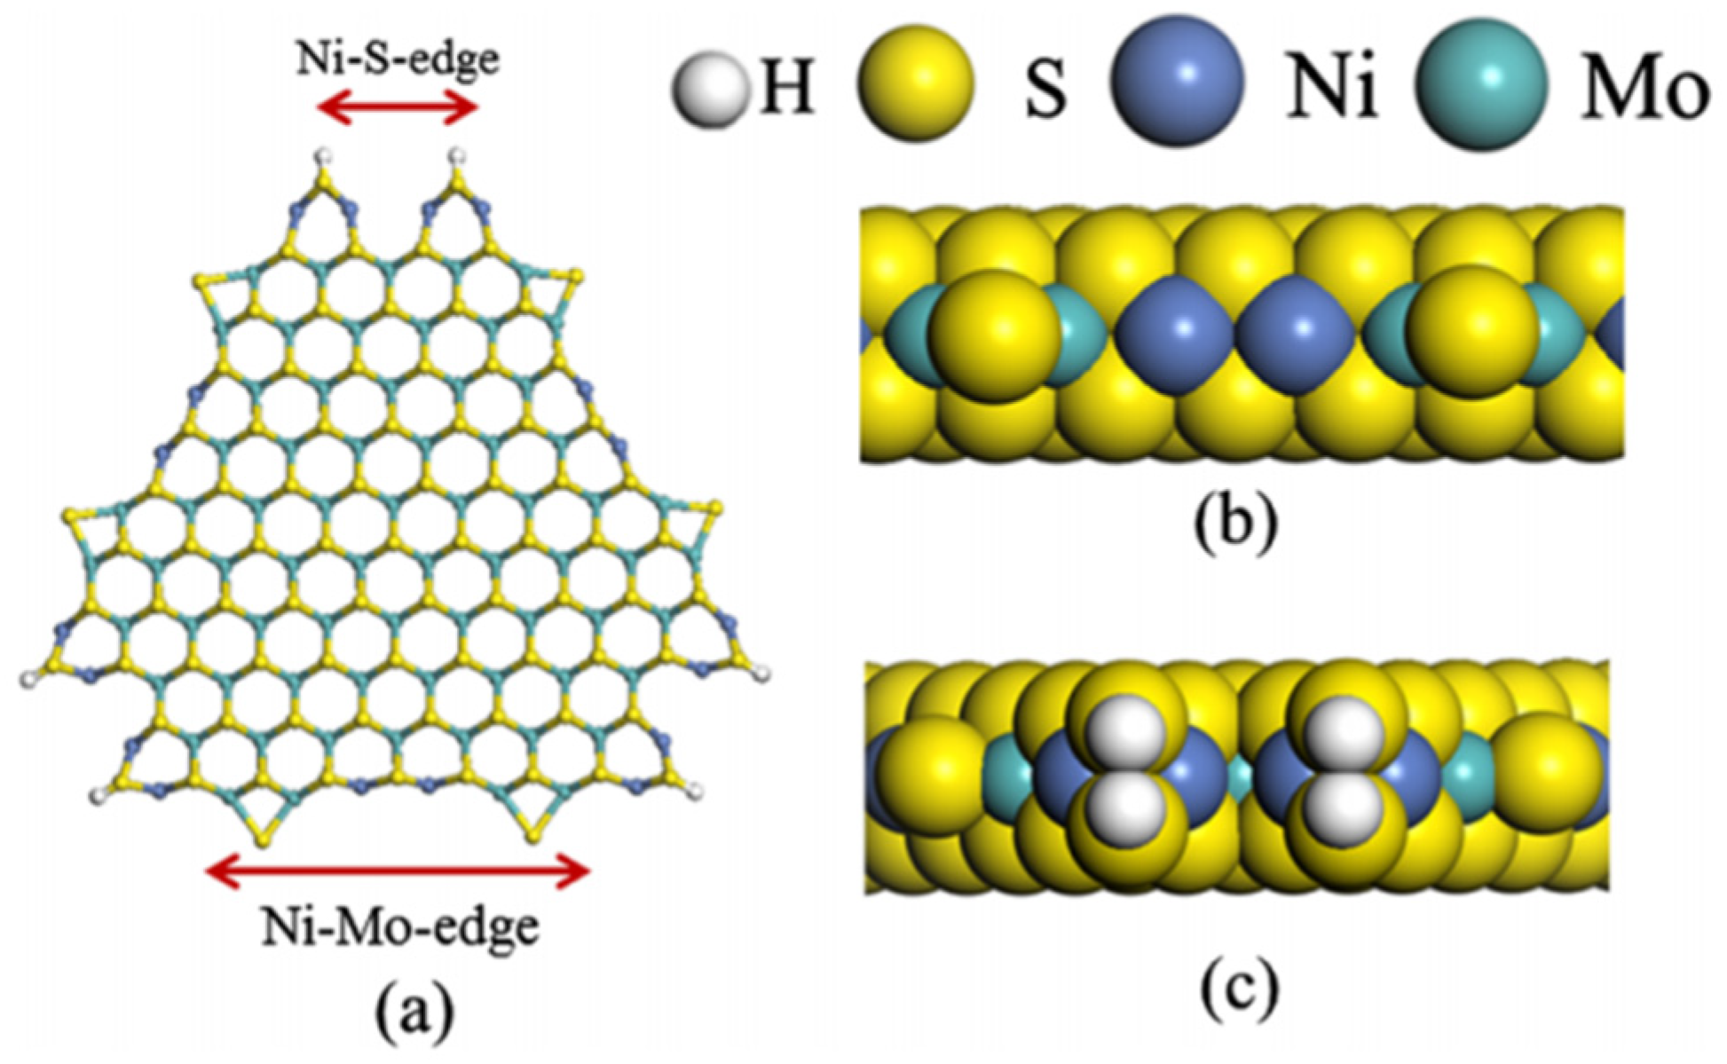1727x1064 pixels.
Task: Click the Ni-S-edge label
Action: pos(397,59)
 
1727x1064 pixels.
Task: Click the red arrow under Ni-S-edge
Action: pos(398,108)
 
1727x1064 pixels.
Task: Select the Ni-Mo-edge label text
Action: pos(400,927)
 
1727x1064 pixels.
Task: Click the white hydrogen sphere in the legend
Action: pos(708,90)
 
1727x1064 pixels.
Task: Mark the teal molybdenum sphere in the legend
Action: pos(1481,83)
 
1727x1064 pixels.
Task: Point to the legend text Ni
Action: pos(1332,90)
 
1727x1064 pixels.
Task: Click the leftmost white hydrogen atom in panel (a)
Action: pos(28,681)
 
